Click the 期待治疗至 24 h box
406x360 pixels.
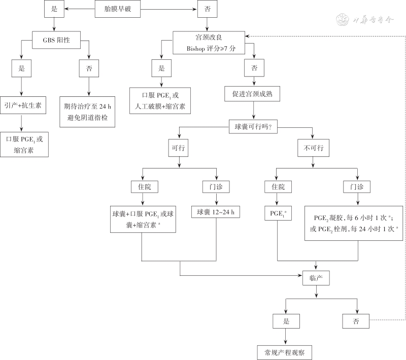click(89, 112)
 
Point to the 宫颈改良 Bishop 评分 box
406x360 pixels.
click(209, 44)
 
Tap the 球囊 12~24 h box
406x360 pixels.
click(216, 212)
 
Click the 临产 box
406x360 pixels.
click(316, 278)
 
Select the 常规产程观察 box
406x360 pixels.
click(284, 351)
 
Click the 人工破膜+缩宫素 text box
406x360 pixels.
click(161, 100)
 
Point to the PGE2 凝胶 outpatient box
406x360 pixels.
click(353, 223)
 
